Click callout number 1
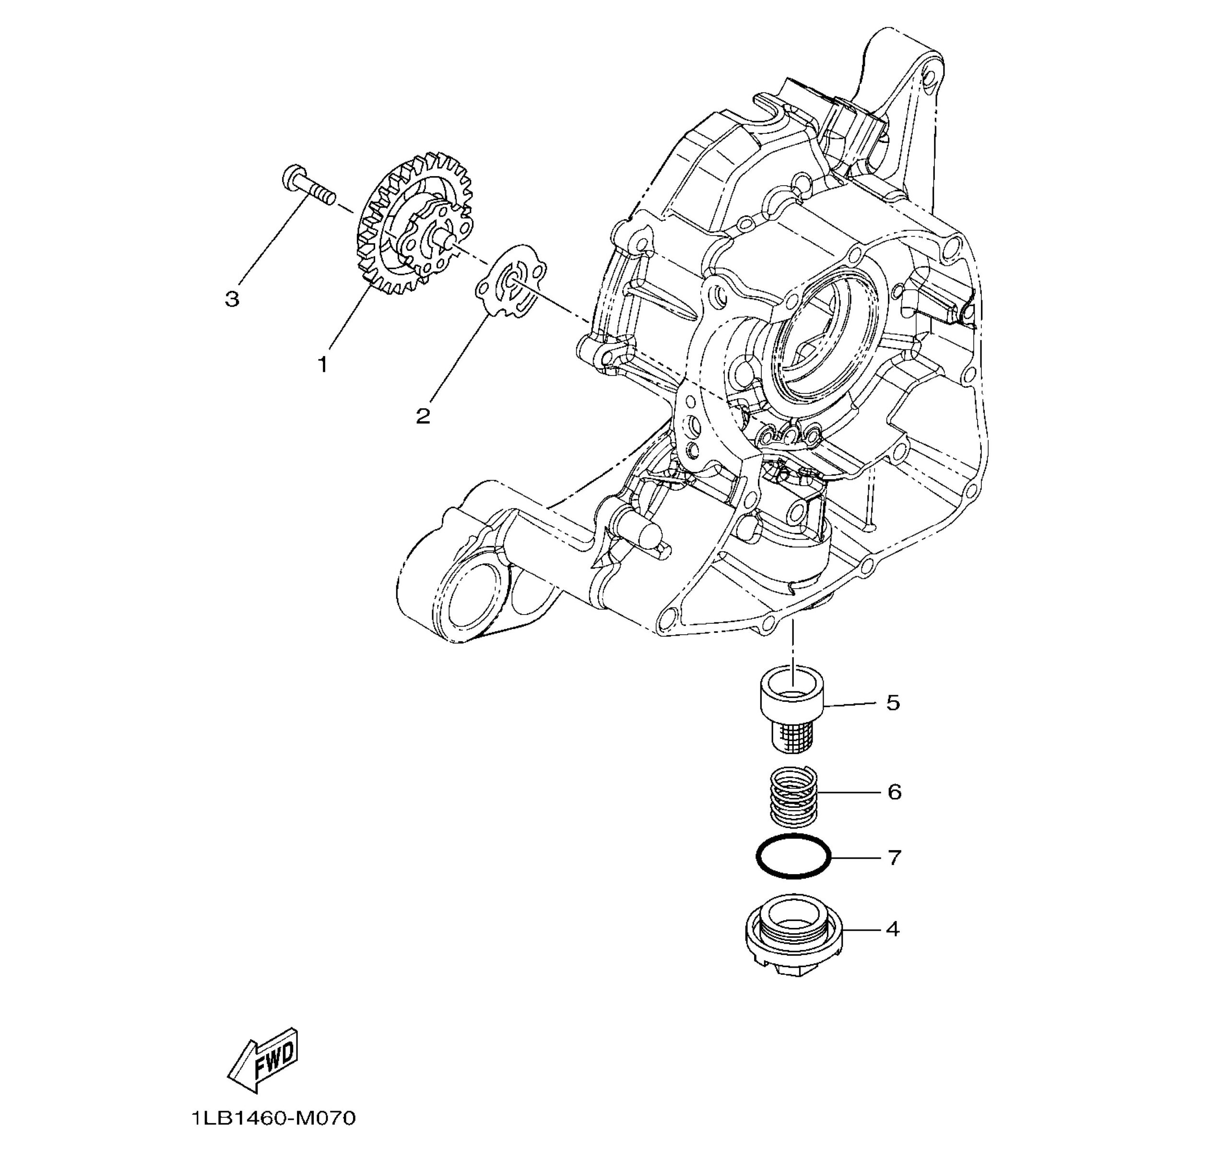click(x=322, y=365)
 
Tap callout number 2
click(x=423, y=416)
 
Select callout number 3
click(x=232, y=300)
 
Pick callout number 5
click(x=893, y=702)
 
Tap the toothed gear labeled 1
click(x=415, y=225)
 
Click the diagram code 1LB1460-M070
click(x=273, y=1118)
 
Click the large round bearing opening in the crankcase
click(x=825, y=346)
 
